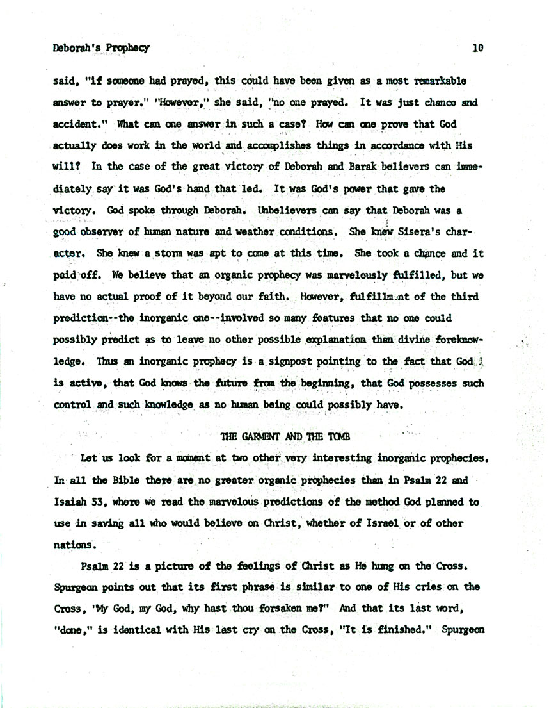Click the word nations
click(74, 547)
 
